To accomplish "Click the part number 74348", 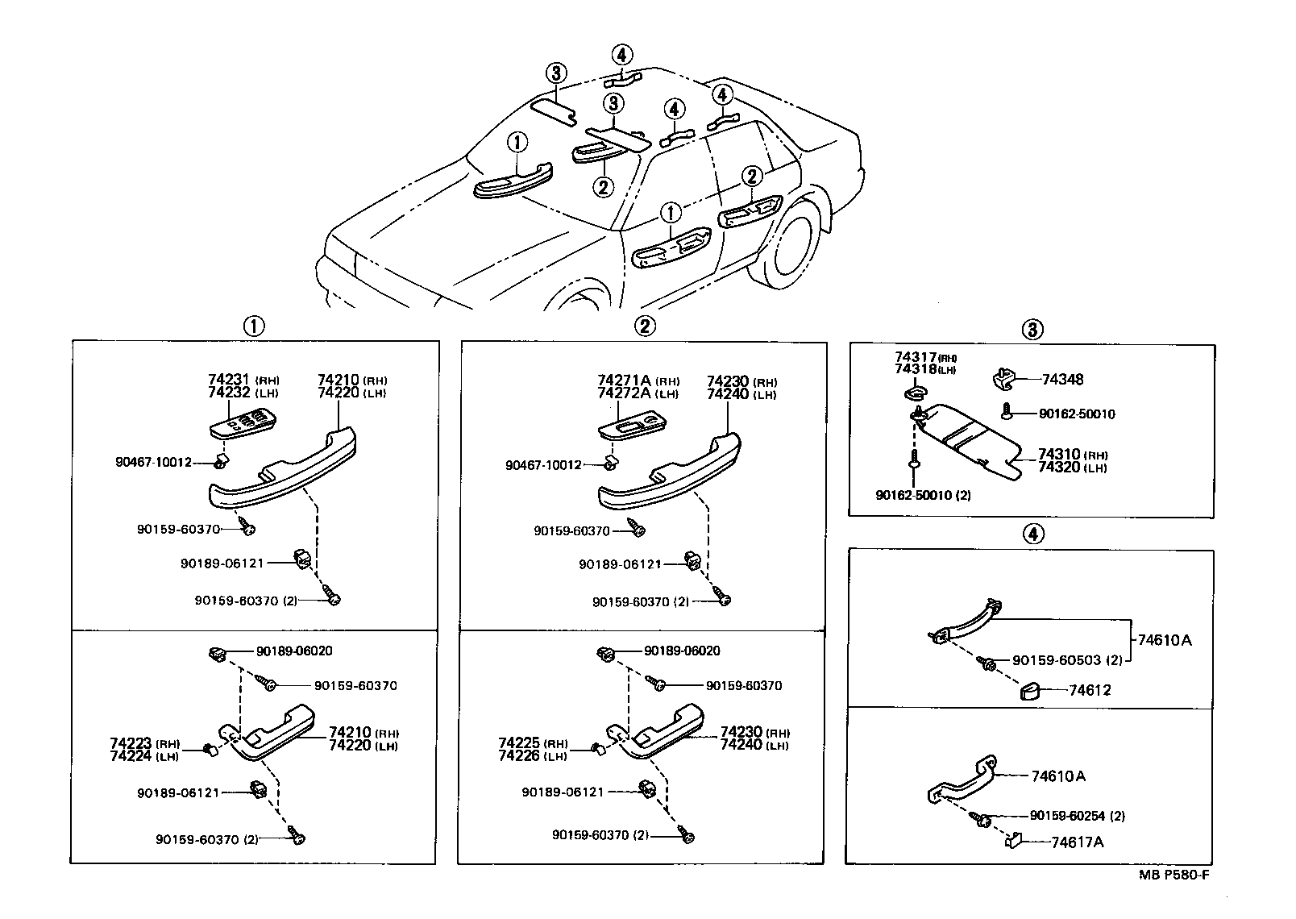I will click(1062, 380).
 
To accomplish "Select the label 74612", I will click(1090, 691).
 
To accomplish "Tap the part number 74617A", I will click(1077, 842).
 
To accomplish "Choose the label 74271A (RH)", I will click(638, 381).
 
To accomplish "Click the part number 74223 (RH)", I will click(145, 743).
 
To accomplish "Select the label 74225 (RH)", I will click(533, 743).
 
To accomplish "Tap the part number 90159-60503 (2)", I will click(1067, 660).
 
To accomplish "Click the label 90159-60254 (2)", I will click(1077, 816).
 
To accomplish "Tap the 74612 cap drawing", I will click(1032, 691).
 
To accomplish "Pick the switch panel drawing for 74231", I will click(243, 424).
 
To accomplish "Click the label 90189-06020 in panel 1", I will click(294, 651).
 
